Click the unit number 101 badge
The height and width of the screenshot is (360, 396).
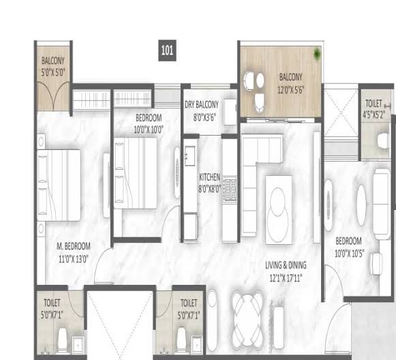pyautogui.click(x=167, y=50)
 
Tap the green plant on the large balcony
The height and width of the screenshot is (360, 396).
pyautogui.click(x=317, y=54)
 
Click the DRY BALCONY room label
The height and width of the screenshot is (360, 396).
pyautogui.click(x=202, y=104)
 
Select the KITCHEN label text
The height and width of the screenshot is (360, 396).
pyautogui.click(x=209, y=177)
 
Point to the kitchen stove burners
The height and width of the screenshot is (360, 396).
pyautogui.click(x=230, y=189)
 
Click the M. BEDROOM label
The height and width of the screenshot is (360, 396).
pyautogui.click(x=73, y=246)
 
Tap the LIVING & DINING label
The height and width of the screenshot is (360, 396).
pyautogui.click(x=286, y=265)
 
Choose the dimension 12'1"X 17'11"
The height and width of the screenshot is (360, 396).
pyautogui.click(x=286, y=278)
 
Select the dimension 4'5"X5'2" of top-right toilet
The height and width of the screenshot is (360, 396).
pyautogui.click(x=374, y=115)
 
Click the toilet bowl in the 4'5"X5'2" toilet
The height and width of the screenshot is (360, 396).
pyautogui.click(x=383, y=141)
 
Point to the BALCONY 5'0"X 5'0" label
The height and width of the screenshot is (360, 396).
pyautogui.click(x=53, y=67)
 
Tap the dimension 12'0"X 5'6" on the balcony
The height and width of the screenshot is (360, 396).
pyautogui.click(x=290, y=90)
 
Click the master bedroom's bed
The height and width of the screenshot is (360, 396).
pyautogui.click(x=59, y=185)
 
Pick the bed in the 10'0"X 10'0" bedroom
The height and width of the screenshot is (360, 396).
pyautogui.click(x=136, y=172)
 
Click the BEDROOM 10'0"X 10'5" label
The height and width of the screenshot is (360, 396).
pyautogui.click(x=349, y=247)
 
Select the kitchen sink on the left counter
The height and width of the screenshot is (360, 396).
pyautogui.click(x=190, y=156)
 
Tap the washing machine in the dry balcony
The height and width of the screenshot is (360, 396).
pyautogui.click(x=230, y=112)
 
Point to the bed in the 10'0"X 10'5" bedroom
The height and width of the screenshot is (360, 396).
pyautogui.click(x=382, y=204)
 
